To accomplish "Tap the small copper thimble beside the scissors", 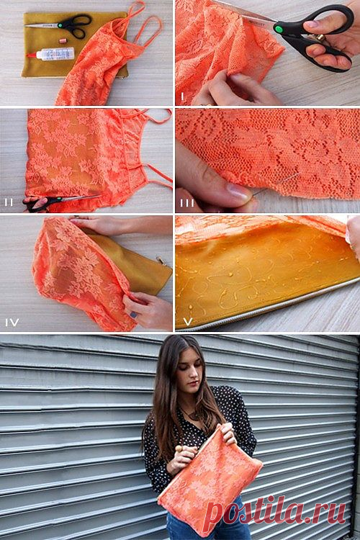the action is tap(63, 40).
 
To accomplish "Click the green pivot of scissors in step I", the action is tap(279, 28).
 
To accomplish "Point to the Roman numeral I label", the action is tap(182, 96).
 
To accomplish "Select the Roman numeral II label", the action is tap(9, 202).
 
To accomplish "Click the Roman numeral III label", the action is tap(187, 203).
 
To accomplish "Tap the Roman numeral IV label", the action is tap(12, 323).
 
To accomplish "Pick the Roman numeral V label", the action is tap(188, 322).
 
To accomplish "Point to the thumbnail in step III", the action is tap(237, 192).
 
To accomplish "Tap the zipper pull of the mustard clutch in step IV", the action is tap(163, 261).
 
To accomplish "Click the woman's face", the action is tap(190, 373).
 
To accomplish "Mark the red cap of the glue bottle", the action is tap(31, 55).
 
